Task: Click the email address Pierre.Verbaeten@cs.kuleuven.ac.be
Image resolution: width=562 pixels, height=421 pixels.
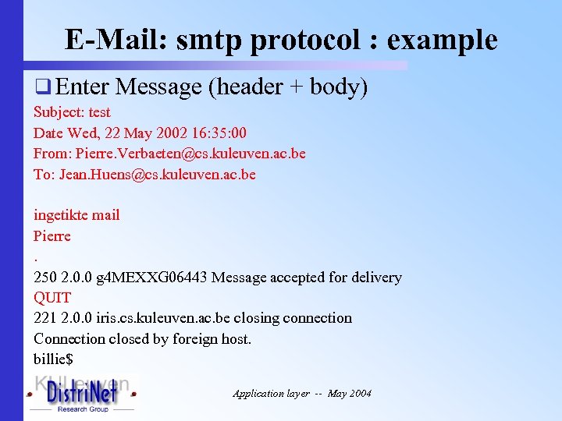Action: [190, 154]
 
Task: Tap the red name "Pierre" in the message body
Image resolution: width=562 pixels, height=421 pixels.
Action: [52, 235]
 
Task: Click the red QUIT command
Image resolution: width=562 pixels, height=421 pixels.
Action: [52, 297]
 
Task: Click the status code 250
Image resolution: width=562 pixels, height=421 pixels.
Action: [45, 277]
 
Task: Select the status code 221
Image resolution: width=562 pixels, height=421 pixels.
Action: [45, 318]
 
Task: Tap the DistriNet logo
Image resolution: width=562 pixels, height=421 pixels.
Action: [82, 394]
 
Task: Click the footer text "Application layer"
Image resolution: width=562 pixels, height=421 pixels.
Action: [270, 394]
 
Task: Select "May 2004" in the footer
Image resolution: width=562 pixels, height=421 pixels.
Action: [350, 394]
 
